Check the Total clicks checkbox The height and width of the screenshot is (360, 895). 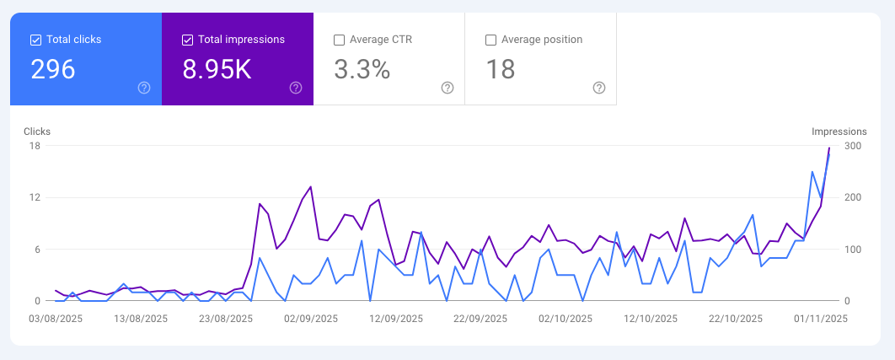pos(35,40)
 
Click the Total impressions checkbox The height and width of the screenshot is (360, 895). pos(187,40)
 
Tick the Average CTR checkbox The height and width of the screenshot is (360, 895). pos(339,40)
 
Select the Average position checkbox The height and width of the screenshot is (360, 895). pos(490,40)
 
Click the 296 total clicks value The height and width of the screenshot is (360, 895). pos(53,70)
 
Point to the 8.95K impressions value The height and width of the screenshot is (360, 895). pos(217,70)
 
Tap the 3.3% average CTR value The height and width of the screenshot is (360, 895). pos(362,70)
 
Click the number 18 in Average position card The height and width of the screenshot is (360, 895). pos(501,70)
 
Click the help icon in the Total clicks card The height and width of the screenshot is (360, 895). pos(144,88)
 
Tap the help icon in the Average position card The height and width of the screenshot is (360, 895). pos(599,88)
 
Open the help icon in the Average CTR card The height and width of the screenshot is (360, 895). pos(447,88)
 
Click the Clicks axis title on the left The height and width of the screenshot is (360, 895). pos(37,132)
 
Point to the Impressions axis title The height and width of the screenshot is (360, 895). pos(839,132)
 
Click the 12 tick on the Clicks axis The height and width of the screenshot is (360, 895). pos(35,197)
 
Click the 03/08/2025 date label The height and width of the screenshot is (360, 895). pos(56,319)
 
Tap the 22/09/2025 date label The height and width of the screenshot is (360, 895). pos(480,319)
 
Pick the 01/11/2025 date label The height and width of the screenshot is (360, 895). pos(820,319)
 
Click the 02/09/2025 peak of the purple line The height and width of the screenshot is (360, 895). pos(311,186)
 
